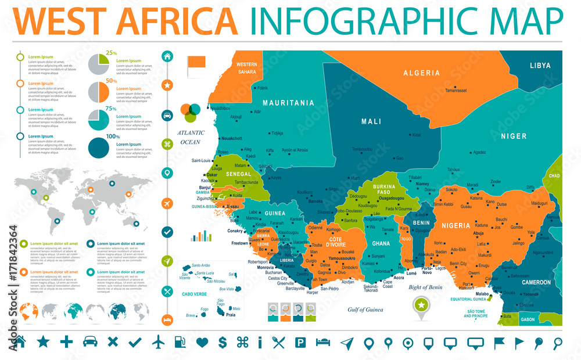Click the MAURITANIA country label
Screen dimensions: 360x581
point(288,103)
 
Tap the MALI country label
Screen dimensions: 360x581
point(371,121)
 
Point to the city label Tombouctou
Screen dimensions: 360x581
point(362,149)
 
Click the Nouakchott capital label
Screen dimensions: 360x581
point(231,138)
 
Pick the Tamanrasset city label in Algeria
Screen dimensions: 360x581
point(456,91)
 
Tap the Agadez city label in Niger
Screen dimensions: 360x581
point(479,153)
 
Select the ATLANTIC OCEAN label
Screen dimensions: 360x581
point(192,136)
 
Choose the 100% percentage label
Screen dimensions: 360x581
point(113,136)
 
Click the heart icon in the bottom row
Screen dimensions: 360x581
point(202,342)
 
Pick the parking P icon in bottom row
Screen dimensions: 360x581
point(300,342)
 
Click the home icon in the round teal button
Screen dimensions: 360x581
point(167,56)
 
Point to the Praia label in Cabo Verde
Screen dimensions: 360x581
point(231,314)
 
